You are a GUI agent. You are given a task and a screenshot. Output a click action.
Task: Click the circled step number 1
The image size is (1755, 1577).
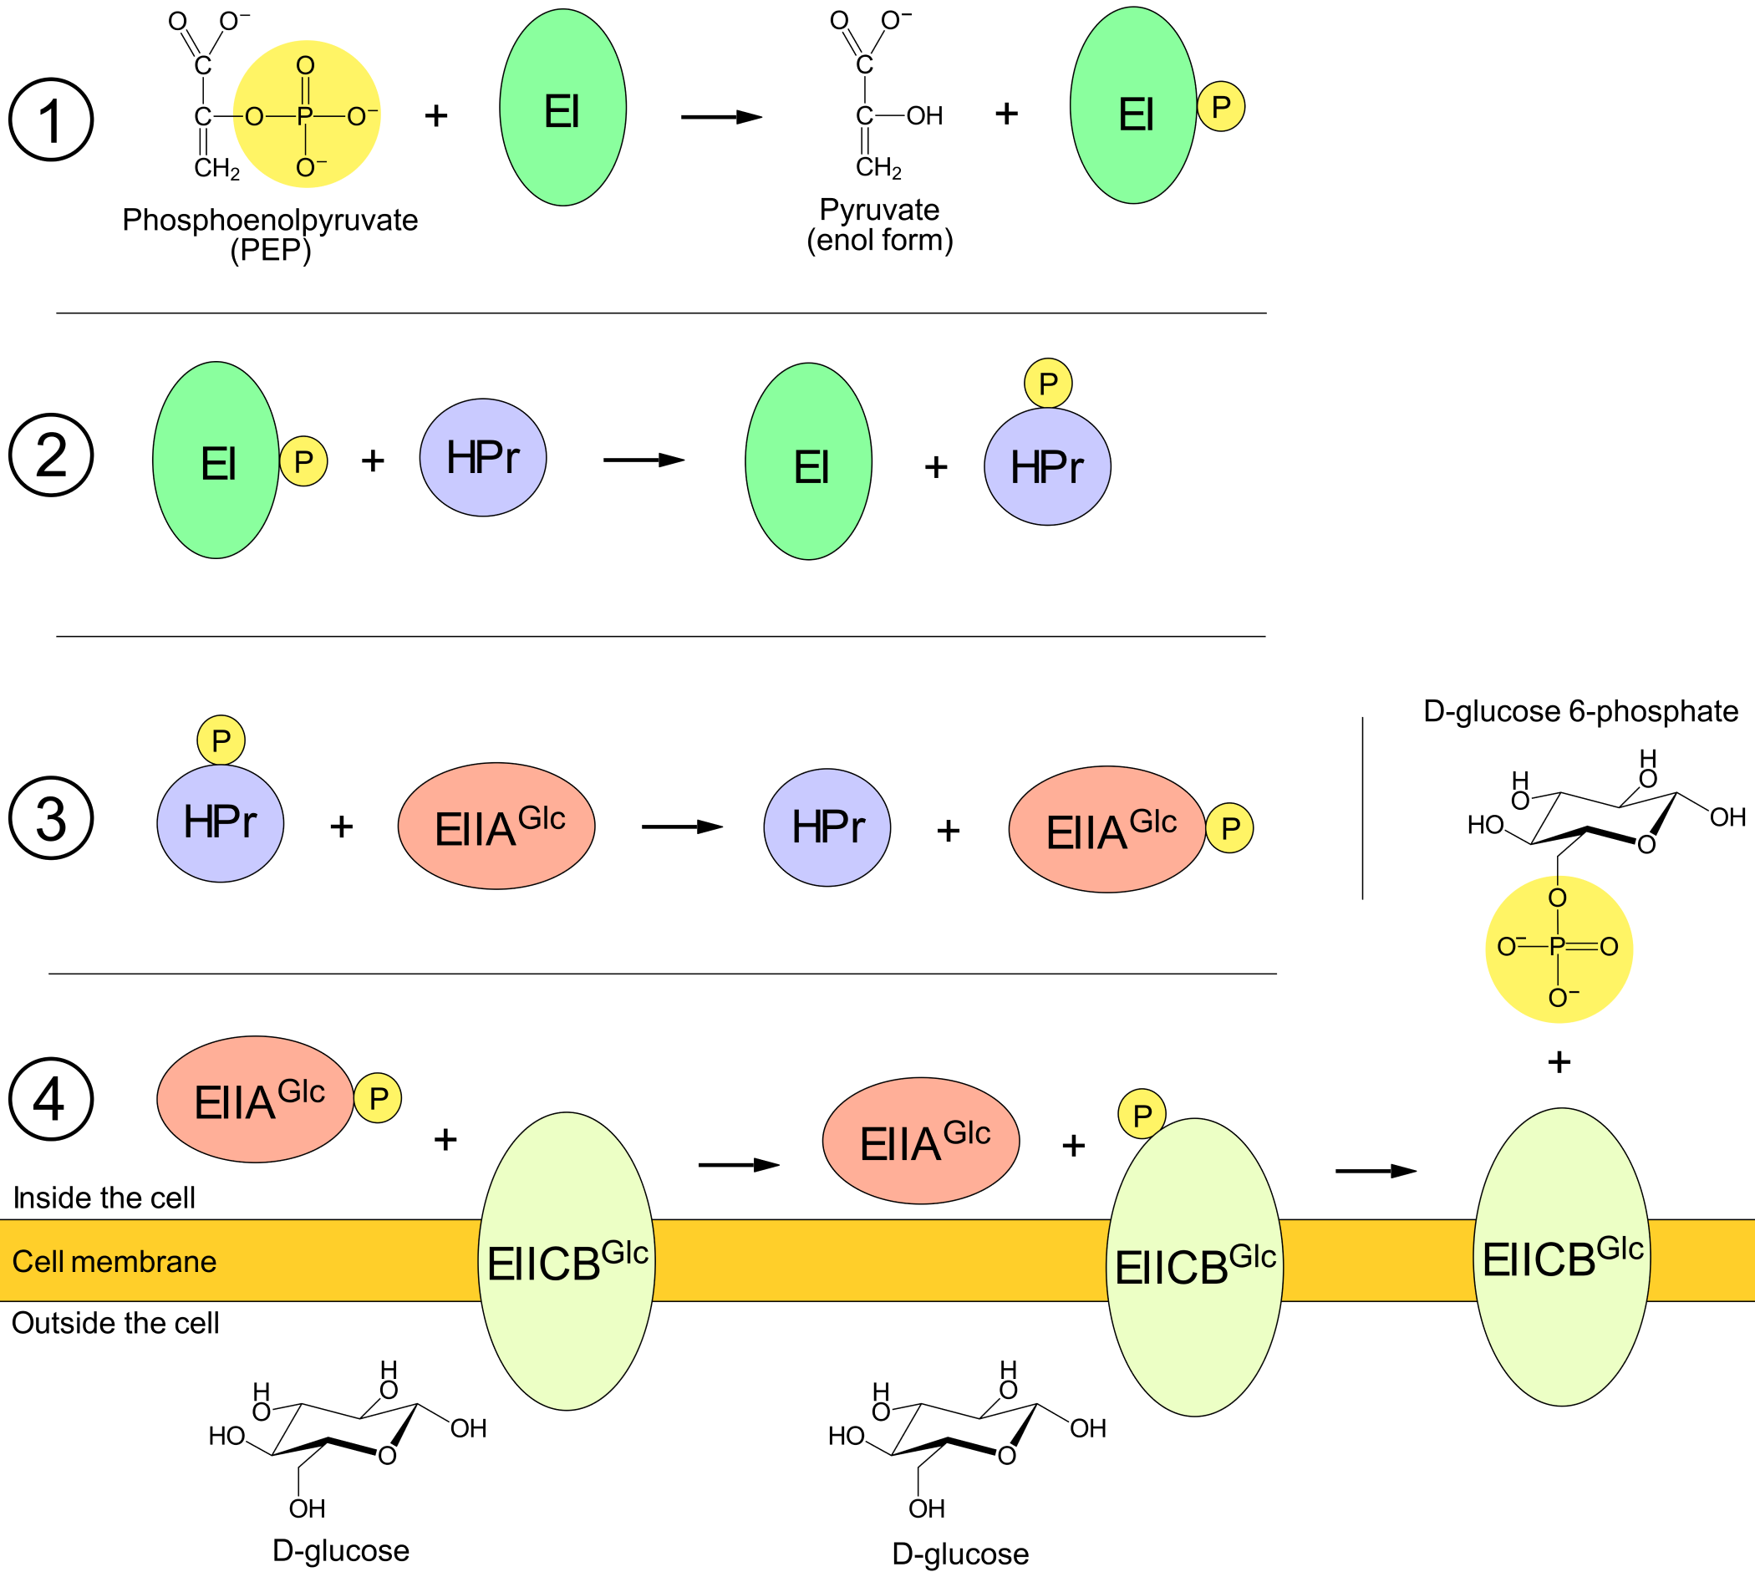(51, 120)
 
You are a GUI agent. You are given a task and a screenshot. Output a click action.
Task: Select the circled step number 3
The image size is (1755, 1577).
(51, 818)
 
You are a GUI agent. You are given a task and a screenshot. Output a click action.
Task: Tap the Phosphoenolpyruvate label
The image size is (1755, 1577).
(270, 220)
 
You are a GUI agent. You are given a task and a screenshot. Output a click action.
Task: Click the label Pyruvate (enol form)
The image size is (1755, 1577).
(880, 225)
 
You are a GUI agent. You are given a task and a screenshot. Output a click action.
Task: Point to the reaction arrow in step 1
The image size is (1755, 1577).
(721, 116)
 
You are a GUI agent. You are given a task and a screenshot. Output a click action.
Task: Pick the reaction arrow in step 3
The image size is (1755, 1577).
(682, 827)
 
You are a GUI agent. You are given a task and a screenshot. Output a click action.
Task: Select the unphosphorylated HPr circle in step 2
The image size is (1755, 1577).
(483, 457)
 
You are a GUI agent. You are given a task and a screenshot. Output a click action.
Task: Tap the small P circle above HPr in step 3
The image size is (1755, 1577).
(221, 740)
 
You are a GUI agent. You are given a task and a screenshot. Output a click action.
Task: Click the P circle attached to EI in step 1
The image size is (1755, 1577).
(1221, 107)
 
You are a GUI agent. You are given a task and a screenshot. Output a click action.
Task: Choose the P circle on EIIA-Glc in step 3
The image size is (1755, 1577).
(1230, 828)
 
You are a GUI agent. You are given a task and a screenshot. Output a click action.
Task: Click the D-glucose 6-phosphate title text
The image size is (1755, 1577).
(1581, 711)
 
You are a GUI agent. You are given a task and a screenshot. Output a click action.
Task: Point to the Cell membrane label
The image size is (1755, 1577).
(114, 1262)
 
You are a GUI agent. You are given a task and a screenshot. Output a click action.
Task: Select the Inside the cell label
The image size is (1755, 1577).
(104, 1198)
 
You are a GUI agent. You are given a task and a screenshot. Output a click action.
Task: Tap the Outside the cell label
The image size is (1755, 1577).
(115, 1323)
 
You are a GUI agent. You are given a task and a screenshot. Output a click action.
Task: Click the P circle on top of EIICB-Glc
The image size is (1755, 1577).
(1142, 1114)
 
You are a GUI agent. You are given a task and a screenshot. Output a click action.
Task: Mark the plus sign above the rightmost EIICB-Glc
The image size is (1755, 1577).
(1559, 1062)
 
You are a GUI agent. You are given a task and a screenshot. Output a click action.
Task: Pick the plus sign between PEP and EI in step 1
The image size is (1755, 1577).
(436, 115)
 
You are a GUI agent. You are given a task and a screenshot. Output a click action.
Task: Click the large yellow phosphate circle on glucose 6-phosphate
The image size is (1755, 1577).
(1559, 949)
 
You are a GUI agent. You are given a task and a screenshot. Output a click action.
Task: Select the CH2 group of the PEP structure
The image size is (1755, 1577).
(216, 167)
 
